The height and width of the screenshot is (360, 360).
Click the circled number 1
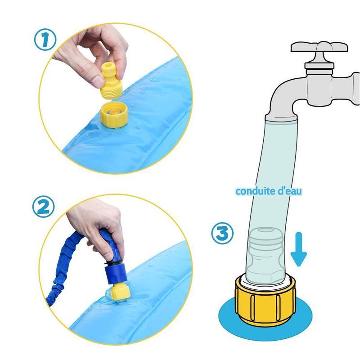tap(45, 40)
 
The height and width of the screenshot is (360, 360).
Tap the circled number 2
tap(43, 207)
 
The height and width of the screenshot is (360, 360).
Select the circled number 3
tap(222, 233)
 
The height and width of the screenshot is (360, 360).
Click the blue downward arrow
tap(298, 249)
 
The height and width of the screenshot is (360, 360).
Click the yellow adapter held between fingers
tap(111, 81)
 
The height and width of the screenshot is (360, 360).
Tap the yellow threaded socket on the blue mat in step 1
tap(114, 115)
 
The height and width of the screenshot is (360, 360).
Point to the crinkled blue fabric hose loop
tap(67, 264)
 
